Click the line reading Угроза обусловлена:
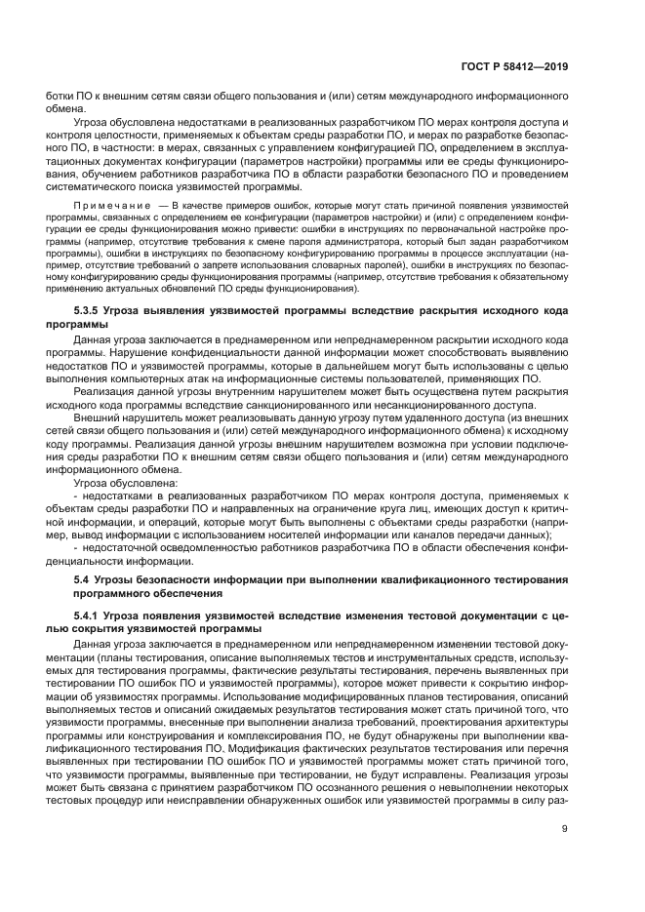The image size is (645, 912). [x=123, y=481]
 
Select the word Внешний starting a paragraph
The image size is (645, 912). [x=98, y=417]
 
